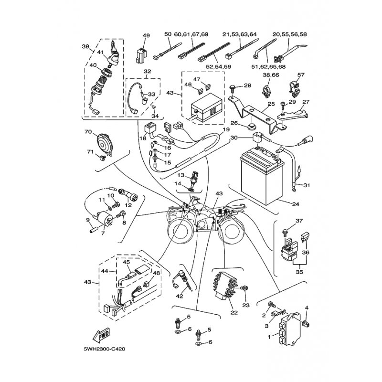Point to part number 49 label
(146, 35)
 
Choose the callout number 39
(85, 46)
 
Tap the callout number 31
(306, 185)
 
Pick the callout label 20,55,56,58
(290, 34)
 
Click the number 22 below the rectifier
(233, 313)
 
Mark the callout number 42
(180, 296)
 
